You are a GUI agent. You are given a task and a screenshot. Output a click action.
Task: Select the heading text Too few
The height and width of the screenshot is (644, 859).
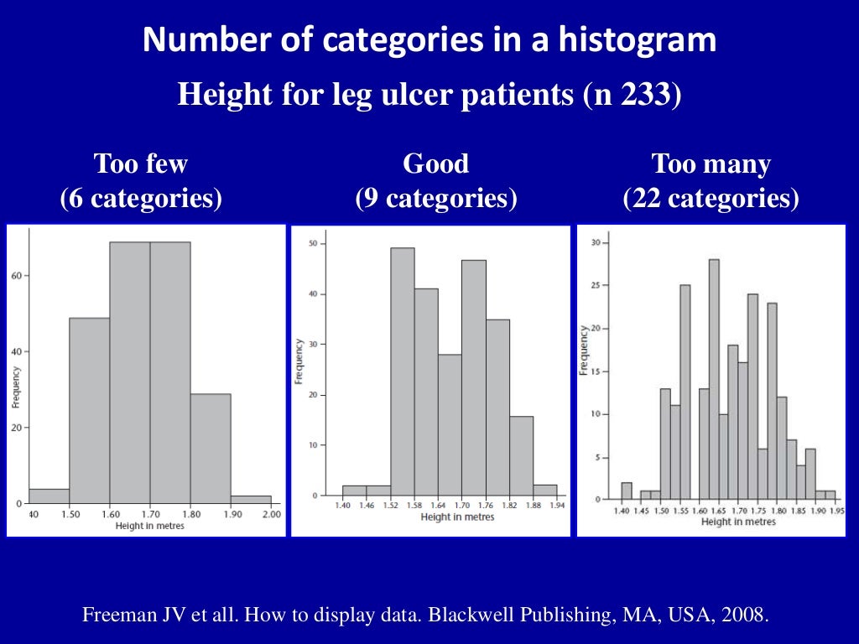(140, 164)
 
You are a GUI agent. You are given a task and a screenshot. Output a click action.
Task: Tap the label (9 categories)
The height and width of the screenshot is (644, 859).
(435, 199)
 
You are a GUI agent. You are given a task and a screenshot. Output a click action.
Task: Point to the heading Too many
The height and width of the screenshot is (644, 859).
(711, 164)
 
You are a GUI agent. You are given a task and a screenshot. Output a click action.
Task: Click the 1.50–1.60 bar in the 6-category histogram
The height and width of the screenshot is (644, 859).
(89, 411)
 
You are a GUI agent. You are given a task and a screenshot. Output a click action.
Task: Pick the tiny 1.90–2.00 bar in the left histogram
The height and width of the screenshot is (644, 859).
(251, 500)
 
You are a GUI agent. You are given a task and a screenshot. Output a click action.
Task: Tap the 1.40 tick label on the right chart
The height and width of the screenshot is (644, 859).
(622, 511)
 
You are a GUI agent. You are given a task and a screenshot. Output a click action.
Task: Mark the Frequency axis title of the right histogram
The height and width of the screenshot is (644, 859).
(584, 348)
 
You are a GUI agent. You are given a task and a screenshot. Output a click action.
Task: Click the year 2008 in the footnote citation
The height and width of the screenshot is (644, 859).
(744, 615)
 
